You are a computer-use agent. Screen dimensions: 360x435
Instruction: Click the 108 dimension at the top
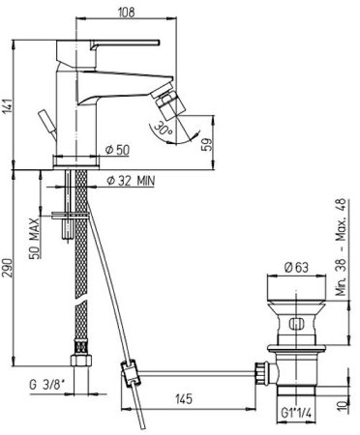pyautogui.click(x=126, y=13)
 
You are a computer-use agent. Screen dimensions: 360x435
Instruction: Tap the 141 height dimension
pyautogui.click(x=8, y=105)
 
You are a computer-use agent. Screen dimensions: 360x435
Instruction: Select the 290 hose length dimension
pyautogui.click(x=8, y=268)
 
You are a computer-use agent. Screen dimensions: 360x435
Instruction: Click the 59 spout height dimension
pyautogui.click(x=208, y=144)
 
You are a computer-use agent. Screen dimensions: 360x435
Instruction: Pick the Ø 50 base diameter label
pyautogui.click(x=117, y=150)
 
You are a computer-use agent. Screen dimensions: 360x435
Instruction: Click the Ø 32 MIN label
pyautogui.click(x=131, y=181)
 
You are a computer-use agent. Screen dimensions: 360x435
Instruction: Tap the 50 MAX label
pyautogui.click(x=35, y=239)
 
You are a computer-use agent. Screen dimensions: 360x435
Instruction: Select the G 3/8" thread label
pyautogui.click(x=47, y=385)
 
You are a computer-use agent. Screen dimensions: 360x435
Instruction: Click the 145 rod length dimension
pyautogui.click(x=184, y=399)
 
